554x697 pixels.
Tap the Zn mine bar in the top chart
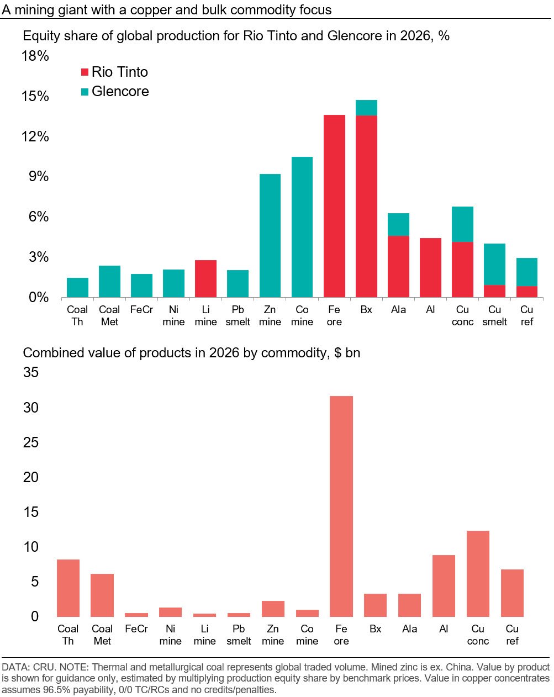coord(270,236)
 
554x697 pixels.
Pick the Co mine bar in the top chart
coord(302,227)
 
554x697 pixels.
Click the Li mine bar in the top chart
coord(205,279)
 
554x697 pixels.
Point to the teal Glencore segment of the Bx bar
coord(366,108)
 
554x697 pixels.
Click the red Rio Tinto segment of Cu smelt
coord(494,291)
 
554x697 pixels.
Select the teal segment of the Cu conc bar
coord(462,224)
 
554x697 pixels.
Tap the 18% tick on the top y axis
coord(35,56)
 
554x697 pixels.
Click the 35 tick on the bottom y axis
coord(31,373)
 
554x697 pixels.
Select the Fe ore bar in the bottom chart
coord(341,506)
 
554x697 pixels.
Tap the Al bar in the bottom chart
coord(444,585)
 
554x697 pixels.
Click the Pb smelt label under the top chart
coord(238,316)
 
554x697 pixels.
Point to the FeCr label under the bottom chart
coord(136,629)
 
